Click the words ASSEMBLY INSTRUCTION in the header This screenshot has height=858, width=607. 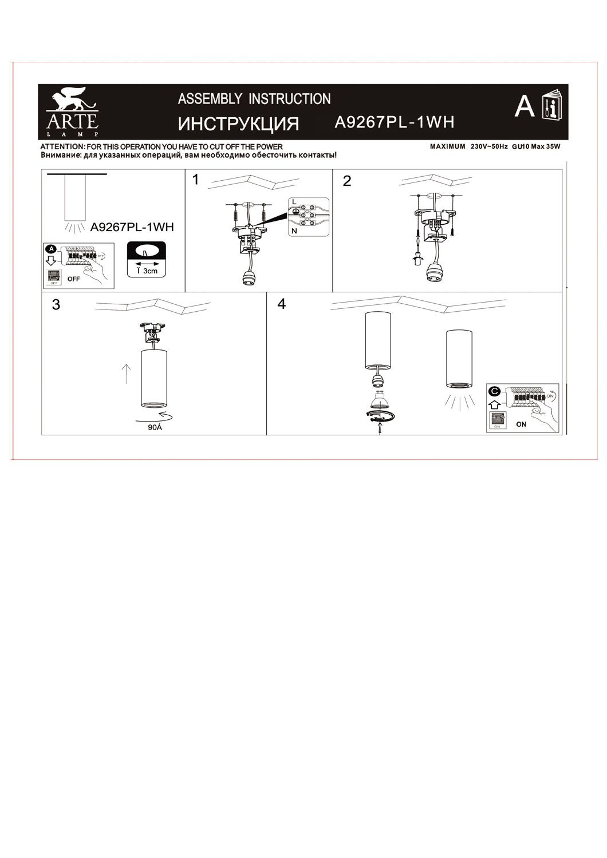click(x=254, y=99)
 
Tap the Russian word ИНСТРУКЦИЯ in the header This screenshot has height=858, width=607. click(x=239, y=124)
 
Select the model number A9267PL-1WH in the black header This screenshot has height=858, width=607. click(x=394, y=122)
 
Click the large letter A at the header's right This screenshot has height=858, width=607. click(x=524, y=106)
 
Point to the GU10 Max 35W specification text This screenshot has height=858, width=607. click(x=535, y=147)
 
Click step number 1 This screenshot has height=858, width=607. click(x=196, y=180)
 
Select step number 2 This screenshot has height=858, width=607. click(x=346, y=181)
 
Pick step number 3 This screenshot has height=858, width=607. click(x=56, y=305)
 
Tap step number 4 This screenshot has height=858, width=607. click(x=281, y=304)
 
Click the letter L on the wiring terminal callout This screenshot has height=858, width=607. click(x=294, y=202)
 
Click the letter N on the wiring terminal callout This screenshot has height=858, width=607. click(x=294, y=231)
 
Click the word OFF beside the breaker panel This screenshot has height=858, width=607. click(x=73, y=280)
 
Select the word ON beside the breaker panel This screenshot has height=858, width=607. click(x=521, y=424)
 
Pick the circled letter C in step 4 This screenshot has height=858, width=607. click(x=494, y=391)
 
